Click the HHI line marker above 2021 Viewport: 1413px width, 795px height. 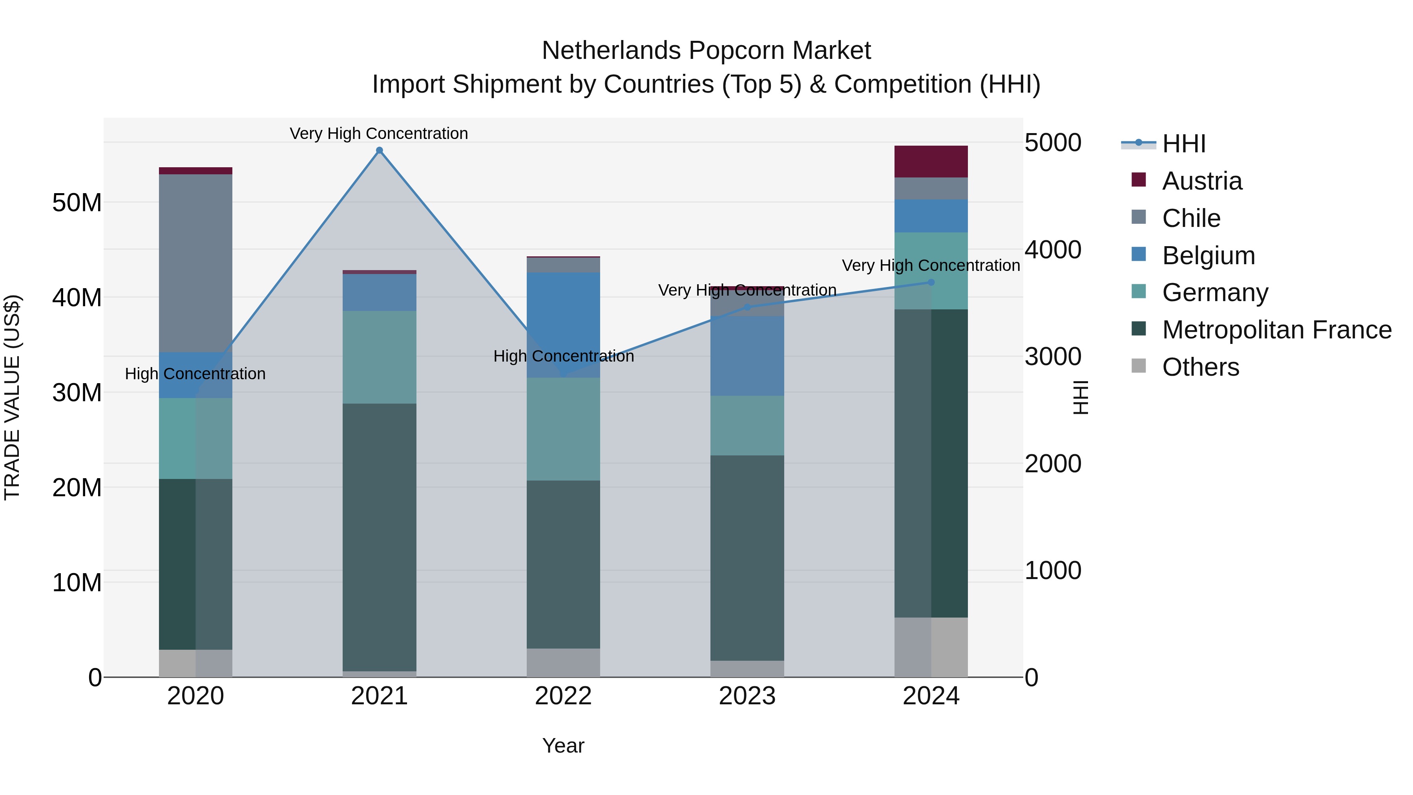(x=379, y=150)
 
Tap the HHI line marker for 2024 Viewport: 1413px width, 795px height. (x=931, y=283)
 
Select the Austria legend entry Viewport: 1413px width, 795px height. (x=1201, y=181)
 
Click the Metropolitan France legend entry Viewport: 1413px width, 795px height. (x=1276, y=330)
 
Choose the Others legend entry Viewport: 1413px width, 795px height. (x=1200, y=367)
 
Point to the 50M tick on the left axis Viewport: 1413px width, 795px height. (x=77, y=203)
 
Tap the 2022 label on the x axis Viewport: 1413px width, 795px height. (x=563, y=696)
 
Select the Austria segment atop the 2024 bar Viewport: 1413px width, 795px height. (x=931, y=161)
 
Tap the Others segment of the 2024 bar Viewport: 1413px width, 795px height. (x=931, y=647)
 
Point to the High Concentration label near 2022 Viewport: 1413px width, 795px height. (x=563, y=356)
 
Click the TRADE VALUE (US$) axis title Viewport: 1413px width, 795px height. (x=12, y=397)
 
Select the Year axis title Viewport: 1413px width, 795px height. (x=563, y=746)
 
